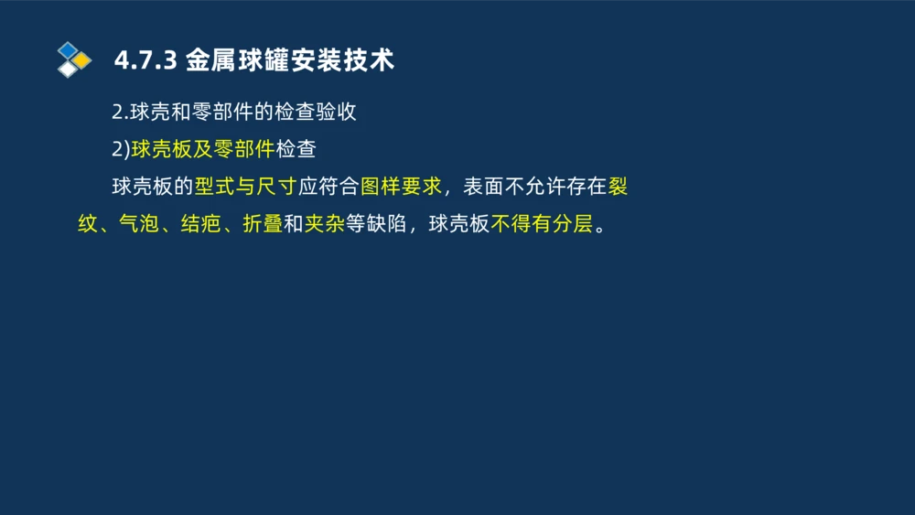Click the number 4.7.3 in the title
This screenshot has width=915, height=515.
pyautogui.click(x=145, y=61)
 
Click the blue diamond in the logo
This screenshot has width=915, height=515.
pyautogui.click(x=68, y=49)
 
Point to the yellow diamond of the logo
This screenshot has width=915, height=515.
pyautogui.click(x=81, y=60)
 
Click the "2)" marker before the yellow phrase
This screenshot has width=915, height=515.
pyautogui.click(x=121, y=149)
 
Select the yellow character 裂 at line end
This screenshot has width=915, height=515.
pyautogui.click(x=618, y=187)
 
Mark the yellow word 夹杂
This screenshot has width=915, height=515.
pyautogui.click(x=324, y=224)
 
